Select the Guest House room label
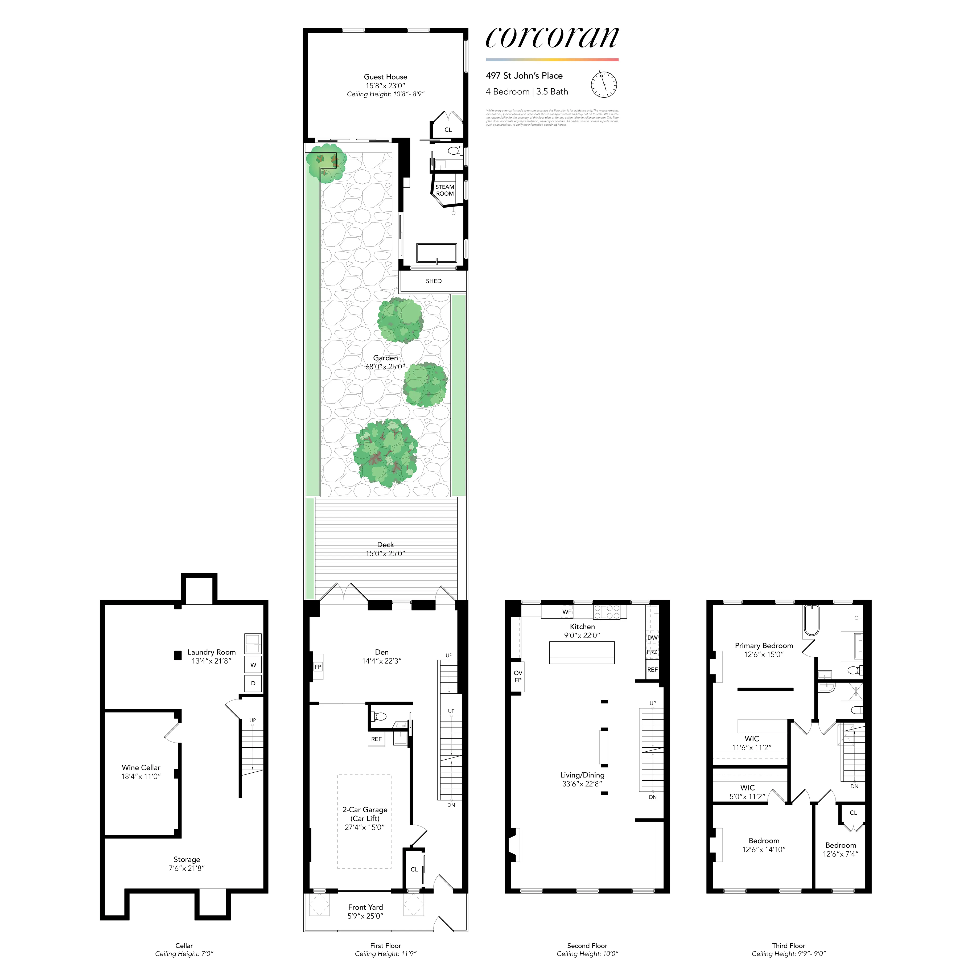(x=385, y=77)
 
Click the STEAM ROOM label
(x=445, y=190)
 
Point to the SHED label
(x=434, y=281)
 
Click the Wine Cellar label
(x=141, y=768)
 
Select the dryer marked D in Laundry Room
(x=253, y=683)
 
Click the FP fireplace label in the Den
(x=318, y=667)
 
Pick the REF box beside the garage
(x=376, y=739)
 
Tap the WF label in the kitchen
(x=567, y=612)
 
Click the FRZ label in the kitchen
(x=652, y=652)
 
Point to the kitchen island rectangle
(x=582, y=653)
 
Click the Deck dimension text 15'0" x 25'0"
(x=385, y=553)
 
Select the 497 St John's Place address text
(x=524, y=76)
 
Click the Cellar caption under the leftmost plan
(x=184, y=946)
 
